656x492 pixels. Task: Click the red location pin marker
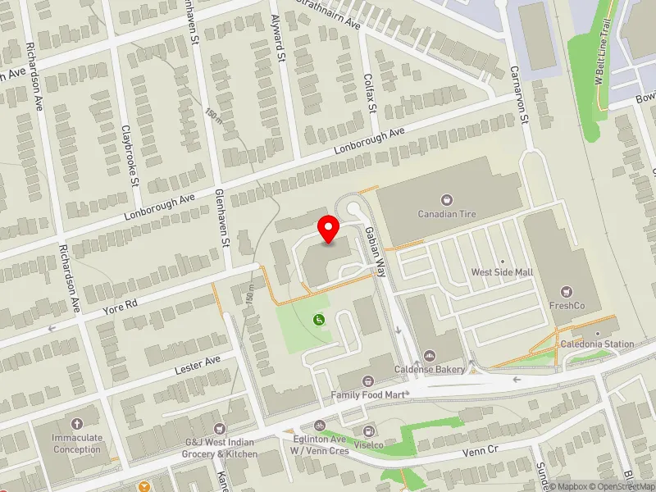pyautogui.click(x=329, y=229)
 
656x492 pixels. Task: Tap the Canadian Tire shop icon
pyautogui.click(x=447, y=199)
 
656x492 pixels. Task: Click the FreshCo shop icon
pyautogui.click(x=565, y=292)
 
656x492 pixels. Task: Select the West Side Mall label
pyautogui.click(x=502, y=272)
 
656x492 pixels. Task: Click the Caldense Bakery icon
pyautogui.click(x=429, y=355)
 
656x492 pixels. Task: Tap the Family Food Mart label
pyautogui.click(x=369, y=394)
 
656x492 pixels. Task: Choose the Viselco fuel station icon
pyautogui.click(x=369, y=430)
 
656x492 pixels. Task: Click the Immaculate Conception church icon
pyautogui.click(x=77, y=424)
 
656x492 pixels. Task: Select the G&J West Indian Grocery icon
pyautogui.click(x=218, y=429)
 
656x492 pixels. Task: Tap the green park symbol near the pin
pyautogui.click(x=319, y=320)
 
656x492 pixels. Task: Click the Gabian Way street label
pyautogui.click(x=375, y=249)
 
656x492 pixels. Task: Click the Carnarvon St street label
pyautogui.click(x=518, y=95)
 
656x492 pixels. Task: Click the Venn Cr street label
pyautogui.click(x=481, y=450)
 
